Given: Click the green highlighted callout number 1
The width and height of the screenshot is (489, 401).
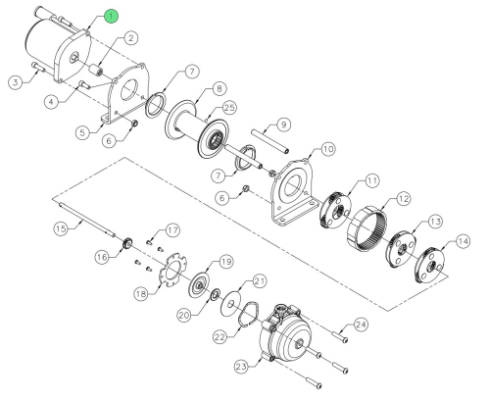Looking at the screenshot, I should click(112, 16).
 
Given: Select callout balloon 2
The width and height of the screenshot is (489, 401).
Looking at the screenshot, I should click(129, 38).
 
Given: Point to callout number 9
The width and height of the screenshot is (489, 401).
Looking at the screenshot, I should click(284, 124).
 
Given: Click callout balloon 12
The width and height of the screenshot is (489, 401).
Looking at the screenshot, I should click(401, 200).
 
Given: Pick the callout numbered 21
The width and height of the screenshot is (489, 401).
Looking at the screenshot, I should click(260, 280).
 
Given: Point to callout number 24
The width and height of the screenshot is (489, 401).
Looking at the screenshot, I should click(361, 323).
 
